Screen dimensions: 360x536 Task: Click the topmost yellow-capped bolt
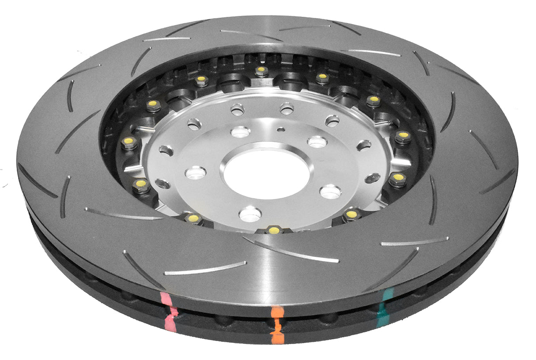pos(261,70)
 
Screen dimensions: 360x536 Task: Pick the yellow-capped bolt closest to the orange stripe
pos(274,229)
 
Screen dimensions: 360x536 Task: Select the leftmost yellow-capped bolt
pos(129,141)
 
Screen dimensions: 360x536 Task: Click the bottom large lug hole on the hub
pos(250,214)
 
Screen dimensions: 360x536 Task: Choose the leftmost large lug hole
pos(196,172)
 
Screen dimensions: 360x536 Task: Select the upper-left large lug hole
pos(241,131)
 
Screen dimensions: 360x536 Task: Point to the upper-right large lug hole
pos(317,142)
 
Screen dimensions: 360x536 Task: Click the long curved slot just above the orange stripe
pos(291,251)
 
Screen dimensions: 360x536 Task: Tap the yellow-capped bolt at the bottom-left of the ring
pos(193,218)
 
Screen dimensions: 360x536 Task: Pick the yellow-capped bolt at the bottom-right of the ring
pos(351,214)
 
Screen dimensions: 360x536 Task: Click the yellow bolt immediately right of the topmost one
pos(322,77)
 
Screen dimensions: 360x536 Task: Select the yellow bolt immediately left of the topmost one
pos(202,80)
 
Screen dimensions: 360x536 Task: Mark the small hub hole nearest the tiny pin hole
pos(287,108)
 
